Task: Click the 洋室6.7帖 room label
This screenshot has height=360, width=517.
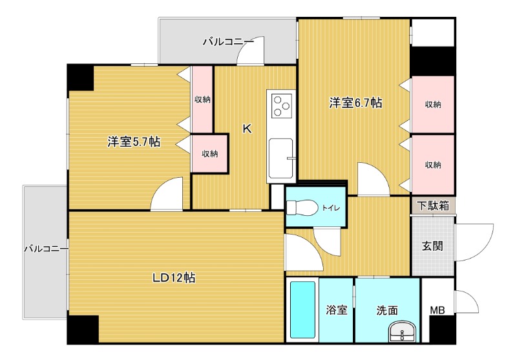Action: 356,103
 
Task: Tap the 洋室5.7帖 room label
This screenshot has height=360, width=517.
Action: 134,142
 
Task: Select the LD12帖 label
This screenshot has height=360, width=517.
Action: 174,277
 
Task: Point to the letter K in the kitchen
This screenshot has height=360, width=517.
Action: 248,129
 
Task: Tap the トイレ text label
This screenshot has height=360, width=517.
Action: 331,208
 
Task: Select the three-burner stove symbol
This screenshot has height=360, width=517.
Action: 282,105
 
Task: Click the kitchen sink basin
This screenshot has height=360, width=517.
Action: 280,158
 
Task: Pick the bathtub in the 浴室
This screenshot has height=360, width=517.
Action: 302,310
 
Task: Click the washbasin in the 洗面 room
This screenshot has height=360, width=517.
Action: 402,331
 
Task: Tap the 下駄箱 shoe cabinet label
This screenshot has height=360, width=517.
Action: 433,206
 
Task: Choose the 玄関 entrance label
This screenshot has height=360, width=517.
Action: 432,246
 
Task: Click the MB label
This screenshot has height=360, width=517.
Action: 438,310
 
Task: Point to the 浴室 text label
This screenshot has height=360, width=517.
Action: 337,310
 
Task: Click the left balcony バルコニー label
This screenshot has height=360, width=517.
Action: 46,249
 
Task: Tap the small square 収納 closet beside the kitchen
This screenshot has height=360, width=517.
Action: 209,153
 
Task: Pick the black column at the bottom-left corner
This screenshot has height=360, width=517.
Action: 83,330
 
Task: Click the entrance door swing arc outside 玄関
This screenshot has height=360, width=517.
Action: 474,242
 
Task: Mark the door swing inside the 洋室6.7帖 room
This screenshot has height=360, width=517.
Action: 374,178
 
